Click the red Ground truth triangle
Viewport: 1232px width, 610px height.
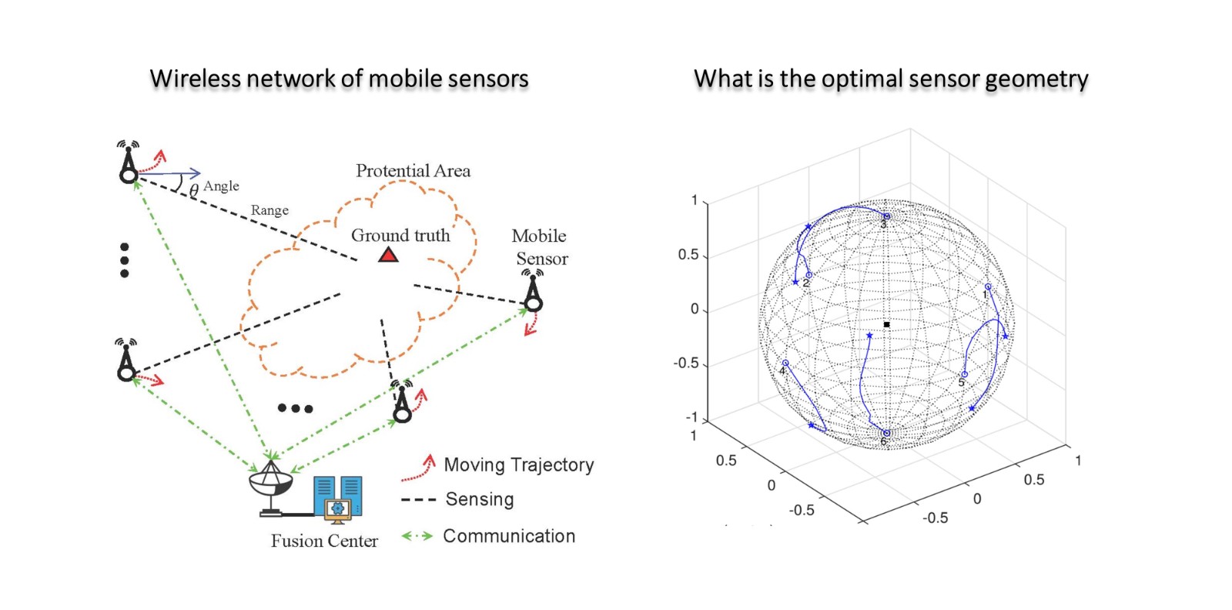389,254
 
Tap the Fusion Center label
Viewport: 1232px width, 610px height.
324,541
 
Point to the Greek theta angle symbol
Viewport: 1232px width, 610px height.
194,189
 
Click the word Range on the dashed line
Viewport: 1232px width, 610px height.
269,210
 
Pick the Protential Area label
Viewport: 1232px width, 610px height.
413,171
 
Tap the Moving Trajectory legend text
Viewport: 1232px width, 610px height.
519,464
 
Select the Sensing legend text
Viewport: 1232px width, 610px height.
479,499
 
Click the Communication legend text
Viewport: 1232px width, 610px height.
509,536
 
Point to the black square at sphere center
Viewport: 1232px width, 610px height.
886,324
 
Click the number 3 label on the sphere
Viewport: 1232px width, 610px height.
883,225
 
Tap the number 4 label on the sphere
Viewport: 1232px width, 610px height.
782,371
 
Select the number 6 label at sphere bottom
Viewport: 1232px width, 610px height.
884,442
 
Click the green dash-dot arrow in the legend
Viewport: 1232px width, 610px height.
417,536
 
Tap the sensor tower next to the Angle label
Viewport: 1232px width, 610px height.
128,163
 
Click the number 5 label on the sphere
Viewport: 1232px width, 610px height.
961,383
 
